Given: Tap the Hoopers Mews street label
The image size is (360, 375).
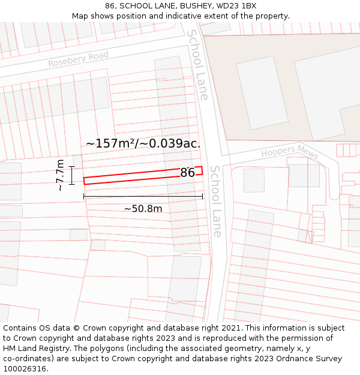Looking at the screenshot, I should tap(290, 151).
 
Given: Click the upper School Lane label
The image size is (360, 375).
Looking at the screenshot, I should tap(198, 65).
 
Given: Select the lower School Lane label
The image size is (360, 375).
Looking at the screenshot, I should tap(216, 201).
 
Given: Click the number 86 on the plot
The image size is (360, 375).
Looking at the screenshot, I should tap(187, 173).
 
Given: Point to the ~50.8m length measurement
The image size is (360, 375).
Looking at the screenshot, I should tap(143, 209).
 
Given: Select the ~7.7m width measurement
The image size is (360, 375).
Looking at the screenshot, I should tap(60, 175).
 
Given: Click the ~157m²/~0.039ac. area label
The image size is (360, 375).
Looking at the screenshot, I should tap(143, 143).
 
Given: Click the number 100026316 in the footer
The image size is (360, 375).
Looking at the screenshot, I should tap(25, 369).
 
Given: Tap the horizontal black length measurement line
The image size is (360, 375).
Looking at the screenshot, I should tap(143, 196).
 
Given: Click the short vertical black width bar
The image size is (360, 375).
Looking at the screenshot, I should tap(71, 175).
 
